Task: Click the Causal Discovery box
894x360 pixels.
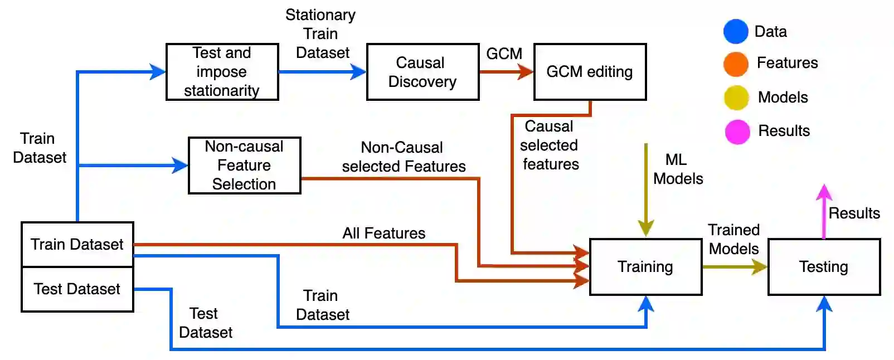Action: click(422, 72)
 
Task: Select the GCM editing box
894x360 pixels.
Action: click(590, 72)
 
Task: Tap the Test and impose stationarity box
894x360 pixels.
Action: click(222, 72)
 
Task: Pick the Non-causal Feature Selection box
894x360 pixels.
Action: click(245, 166)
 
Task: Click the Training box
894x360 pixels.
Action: click(646, 266)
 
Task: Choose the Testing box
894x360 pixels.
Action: click(824, 266)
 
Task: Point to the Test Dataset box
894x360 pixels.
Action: click(77, 289)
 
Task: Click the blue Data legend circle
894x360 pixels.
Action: click(736, 31)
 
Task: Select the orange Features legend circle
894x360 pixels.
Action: click(736, 64)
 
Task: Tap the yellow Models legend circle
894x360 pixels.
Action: click(736, 98)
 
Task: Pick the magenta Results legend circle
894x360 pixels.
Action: click(737, 132)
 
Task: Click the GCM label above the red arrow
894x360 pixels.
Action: click(504, 53)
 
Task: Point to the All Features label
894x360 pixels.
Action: click(384, 233)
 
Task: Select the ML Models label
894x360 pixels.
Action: click(678, 169)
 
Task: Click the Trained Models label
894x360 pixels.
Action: click(733, 240)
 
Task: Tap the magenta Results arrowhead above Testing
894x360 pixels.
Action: click(824, 192)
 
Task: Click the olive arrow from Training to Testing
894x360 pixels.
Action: click(735, 266)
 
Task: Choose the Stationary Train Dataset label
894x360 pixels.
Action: click(321, 34)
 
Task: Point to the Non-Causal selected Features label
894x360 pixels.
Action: click(404, 157)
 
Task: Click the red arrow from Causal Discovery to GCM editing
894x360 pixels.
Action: click(507, 72)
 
